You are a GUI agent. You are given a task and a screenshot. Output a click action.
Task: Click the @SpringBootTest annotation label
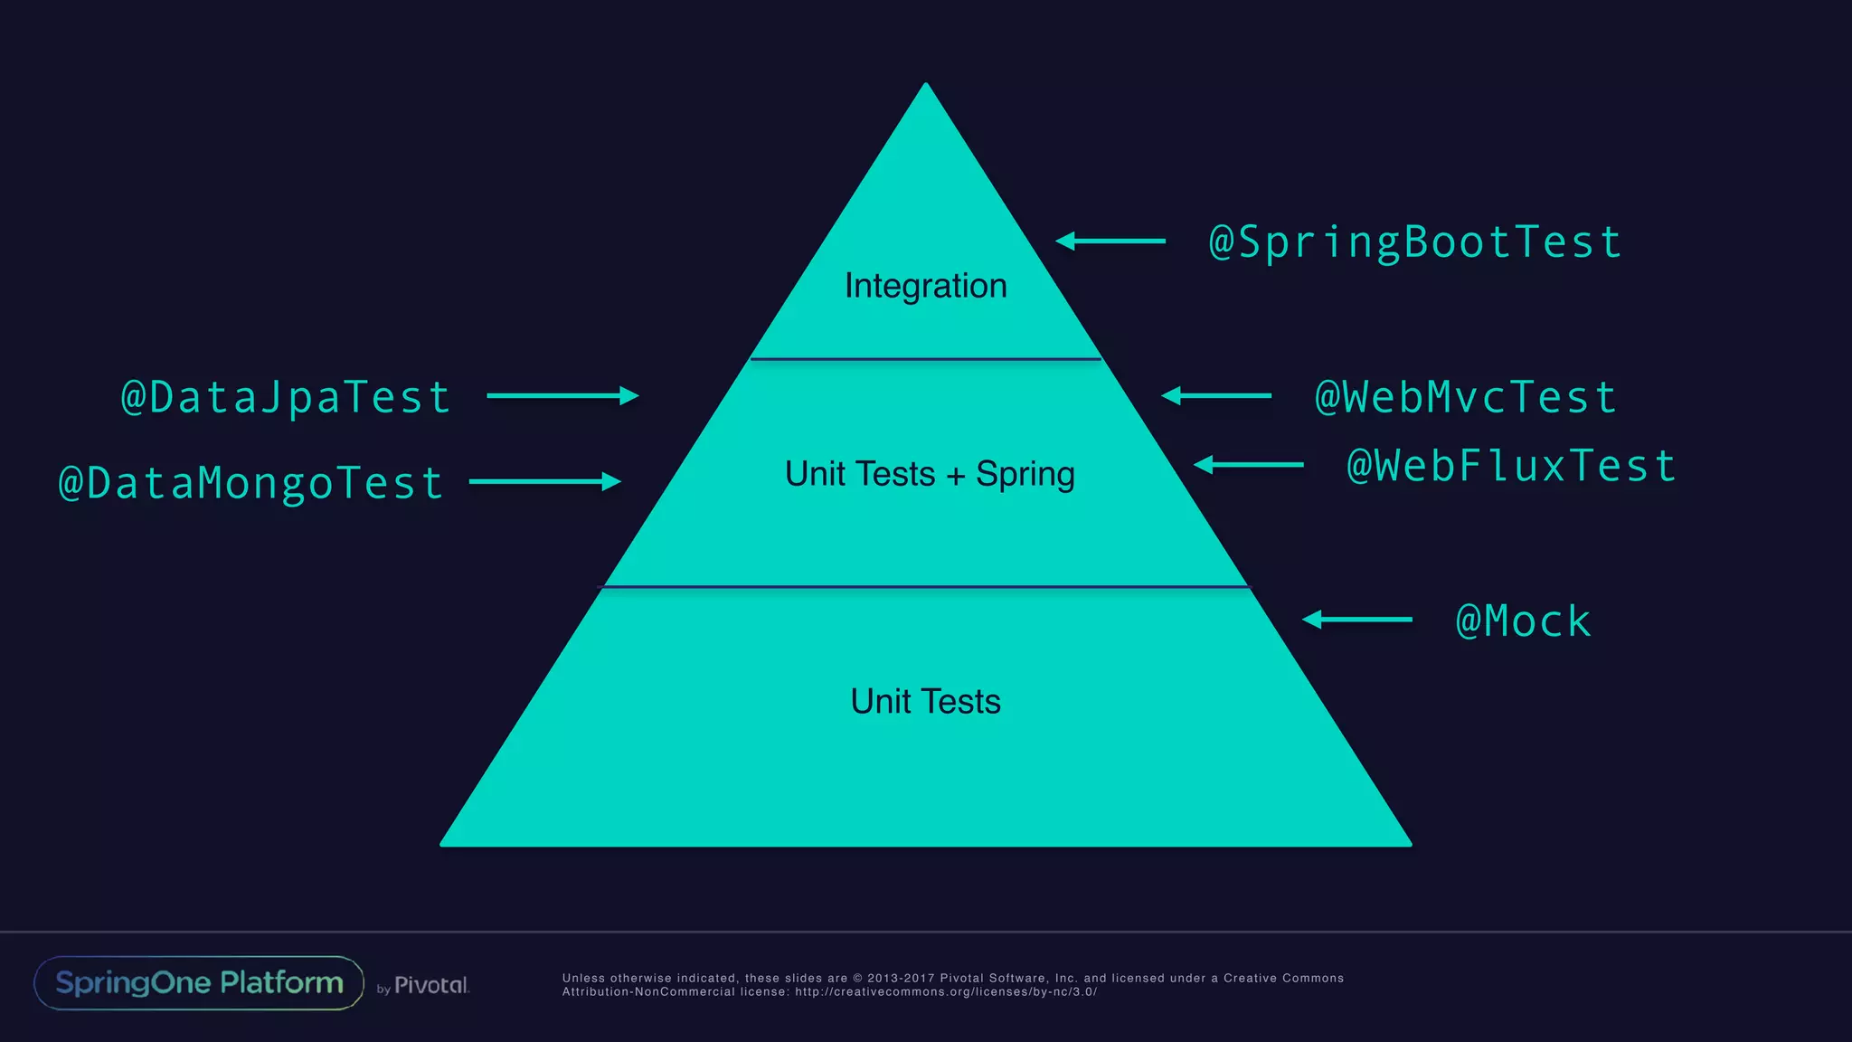coord(1415,242)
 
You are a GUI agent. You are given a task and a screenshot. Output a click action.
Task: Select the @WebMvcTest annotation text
coord(1466,398)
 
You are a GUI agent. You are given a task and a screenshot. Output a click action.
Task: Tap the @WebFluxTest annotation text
coord(1511,467)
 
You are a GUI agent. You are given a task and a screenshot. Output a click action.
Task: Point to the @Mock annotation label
coord(1524,621)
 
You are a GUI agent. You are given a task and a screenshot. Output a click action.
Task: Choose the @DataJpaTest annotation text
coord(286,398)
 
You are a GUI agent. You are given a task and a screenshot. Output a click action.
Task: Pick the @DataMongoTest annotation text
coord(251,483)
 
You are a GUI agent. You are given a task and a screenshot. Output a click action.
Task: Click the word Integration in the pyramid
coord(925,286)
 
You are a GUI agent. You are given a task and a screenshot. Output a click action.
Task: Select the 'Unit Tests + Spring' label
coord(930,474)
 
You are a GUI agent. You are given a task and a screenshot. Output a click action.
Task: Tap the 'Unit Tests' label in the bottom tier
coord(925,702)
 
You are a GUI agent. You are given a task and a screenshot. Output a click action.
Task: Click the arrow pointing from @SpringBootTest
coord(1110,241)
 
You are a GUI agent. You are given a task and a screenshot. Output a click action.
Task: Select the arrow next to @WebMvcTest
coord(1216,395)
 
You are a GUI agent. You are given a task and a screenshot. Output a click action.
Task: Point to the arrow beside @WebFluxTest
coord(1248,465)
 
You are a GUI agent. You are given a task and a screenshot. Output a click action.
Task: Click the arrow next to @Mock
coord(1356,620)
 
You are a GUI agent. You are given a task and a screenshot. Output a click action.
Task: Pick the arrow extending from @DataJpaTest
coord(562,395)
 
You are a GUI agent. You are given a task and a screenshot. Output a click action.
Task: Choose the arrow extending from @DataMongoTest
coord(545,482)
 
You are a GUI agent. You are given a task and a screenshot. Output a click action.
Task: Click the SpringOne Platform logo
coord(199,983)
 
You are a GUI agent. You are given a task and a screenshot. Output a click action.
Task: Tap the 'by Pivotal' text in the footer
coord(423,986)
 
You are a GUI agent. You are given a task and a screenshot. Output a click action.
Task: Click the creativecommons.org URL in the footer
coord(945,992)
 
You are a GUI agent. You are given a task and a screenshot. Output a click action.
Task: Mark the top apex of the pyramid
coord(925,86)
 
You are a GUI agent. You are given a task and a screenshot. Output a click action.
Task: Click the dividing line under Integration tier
coord(925,359)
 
